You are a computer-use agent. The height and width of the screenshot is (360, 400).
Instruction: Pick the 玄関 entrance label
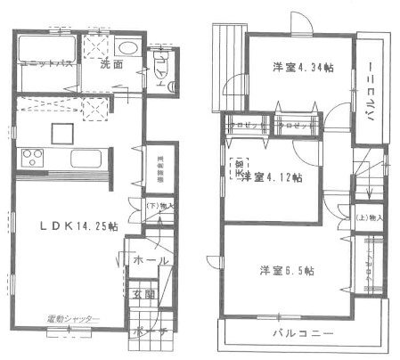(x=145, y=293)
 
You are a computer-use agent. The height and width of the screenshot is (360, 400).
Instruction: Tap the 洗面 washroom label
(x=110, y=65)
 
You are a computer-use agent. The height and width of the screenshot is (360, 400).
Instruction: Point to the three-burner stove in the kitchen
(x=33, y=160)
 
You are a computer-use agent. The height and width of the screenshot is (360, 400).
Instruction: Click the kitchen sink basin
(x=86, y=161)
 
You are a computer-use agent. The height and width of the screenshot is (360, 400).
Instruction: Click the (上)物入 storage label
(x=369, y=217)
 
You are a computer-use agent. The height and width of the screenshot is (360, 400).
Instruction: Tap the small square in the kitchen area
(x=61, y=132)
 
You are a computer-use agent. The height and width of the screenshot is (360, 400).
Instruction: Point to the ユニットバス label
(x=39, y=65)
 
